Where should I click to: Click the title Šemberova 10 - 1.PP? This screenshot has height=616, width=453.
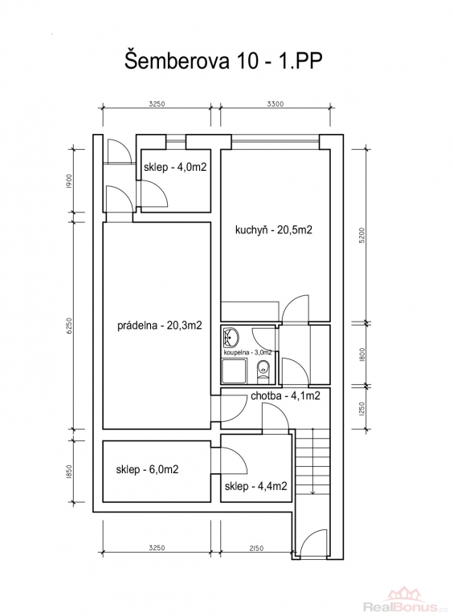click(x=224, y=61)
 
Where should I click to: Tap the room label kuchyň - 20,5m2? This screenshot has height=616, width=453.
click(x=274, y=230)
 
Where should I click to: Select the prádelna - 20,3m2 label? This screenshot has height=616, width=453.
click(x=160, y=326)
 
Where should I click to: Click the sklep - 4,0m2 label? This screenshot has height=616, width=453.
click(x=175, y=168)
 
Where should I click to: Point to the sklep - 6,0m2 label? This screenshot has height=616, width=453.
click(x=147, y=469)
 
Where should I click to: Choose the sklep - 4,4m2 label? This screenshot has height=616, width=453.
click(x=255, y=486)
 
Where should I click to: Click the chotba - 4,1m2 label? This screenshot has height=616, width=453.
click(x=285, y=395)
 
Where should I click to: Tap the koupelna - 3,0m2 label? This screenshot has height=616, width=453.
click(x=247, y=353)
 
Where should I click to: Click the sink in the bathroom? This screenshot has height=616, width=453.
click(x=231, y=337)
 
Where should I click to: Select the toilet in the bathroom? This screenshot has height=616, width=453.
click(x=263, y=371)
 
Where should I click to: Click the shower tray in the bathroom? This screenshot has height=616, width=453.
click(x=235, y=372)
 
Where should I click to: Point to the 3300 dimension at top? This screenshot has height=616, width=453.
click(x=275, y=104)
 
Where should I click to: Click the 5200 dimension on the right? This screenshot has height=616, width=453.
click(x=362, y=236)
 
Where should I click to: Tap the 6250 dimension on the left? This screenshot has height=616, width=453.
click(x=71, y=326)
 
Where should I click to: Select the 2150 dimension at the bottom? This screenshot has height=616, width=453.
click(x=255, y=548)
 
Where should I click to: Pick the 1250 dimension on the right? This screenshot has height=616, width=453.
click(x=362, y=408)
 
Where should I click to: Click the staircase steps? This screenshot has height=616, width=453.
click(x=312, y=461)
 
